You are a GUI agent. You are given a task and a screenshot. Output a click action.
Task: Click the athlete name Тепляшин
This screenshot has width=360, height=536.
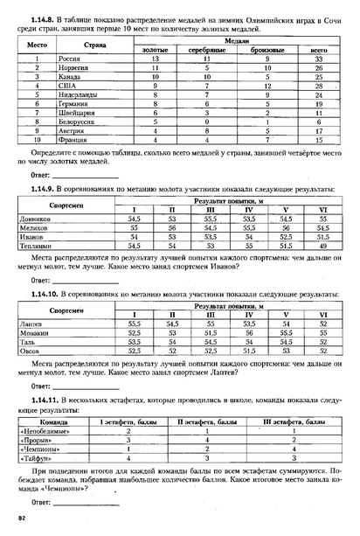click(x=36, y=247)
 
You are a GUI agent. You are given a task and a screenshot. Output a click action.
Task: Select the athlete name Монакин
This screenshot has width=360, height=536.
click(x=35, y=333)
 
